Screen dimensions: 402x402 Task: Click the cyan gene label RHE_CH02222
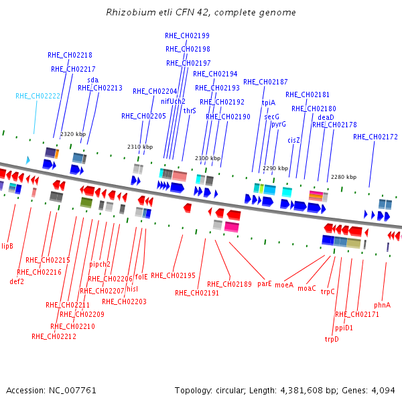(38, 96)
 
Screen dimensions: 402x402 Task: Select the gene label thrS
(190, 111)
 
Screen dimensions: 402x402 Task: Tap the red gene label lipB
(7, 246)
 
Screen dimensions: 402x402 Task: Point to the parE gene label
(265, 283)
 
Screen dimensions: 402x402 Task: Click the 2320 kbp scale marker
(73, 134)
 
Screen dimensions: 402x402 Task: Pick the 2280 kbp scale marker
(344, 177)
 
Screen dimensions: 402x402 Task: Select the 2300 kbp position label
(208, 158)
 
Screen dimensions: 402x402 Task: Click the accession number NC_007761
(72, 391)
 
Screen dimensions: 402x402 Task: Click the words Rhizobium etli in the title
(139, 12)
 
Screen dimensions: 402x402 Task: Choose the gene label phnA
(382, 305)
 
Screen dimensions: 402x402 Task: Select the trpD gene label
(332, 339)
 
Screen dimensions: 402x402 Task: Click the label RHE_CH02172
(375, 137)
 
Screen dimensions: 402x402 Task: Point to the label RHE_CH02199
(187, 36)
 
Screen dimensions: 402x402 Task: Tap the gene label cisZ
(293, 140)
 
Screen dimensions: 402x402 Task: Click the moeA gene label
(284, 285)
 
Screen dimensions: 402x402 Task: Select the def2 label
(17, 281)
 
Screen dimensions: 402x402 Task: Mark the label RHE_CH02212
(54, 336)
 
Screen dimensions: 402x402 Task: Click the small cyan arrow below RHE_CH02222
(28, 160)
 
